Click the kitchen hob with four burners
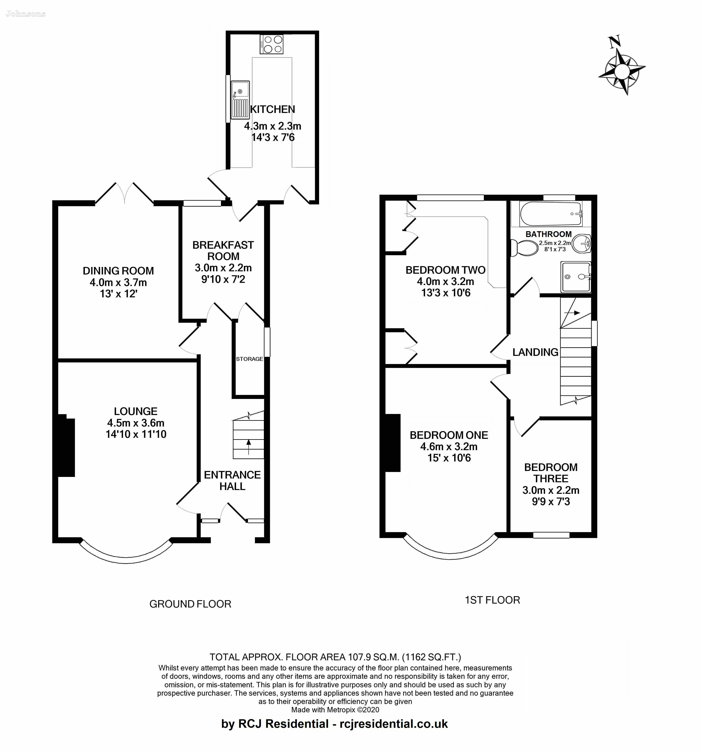point(271,44)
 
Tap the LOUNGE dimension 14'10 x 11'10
point(136,434)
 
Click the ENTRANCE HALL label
point(232,480)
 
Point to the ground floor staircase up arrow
point(248,447)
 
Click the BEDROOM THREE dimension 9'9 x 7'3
point(551,501)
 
